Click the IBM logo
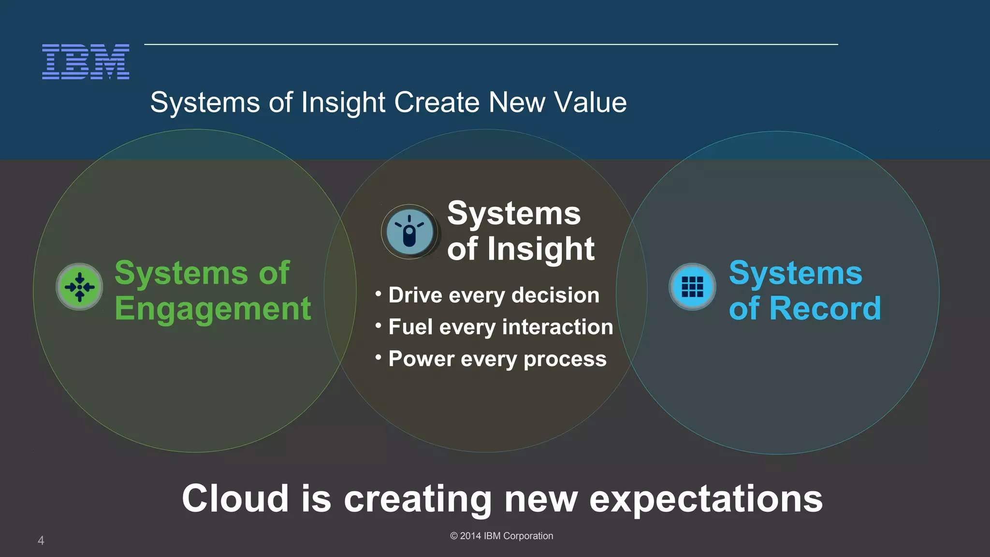point(86,61)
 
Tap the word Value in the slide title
point(590,103)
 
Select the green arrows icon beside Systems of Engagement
point(79,287)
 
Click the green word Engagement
point(213,308)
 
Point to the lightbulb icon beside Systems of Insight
point(409,232)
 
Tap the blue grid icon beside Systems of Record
point(692,287)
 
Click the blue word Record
point(825,308)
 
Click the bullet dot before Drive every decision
point(379,293)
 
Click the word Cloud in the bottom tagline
point(235,498)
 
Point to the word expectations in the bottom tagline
point(706,499)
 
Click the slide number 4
point(41,541)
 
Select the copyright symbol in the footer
point(454,536)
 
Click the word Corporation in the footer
point(528,536)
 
